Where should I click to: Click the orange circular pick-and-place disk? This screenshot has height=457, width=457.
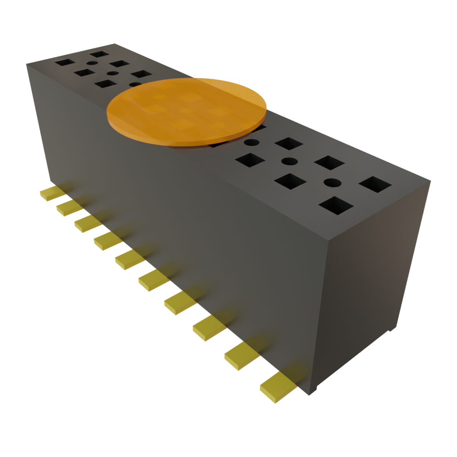(187, 112)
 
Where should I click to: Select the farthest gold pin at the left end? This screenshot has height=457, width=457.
(52, 193)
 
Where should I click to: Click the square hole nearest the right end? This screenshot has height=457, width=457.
(375, 184)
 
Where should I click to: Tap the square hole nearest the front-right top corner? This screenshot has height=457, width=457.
(336, 206)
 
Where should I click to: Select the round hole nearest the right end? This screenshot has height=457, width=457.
(332, 183)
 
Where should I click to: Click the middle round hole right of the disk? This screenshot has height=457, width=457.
(289, 161)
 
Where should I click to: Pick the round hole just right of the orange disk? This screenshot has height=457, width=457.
(251, 143)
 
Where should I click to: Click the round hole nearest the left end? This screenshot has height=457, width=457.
(91, 63)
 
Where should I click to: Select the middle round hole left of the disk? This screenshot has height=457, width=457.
(112, 73)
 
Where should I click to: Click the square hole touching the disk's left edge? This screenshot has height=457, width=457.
(106, 83)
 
